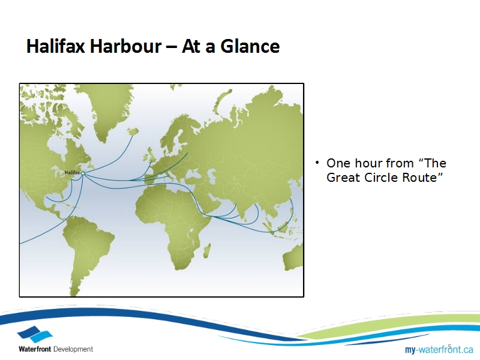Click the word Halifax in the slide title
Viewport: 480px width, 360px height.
pos(55,46)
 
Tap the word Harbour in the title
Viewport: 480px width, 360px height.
pos(125,46)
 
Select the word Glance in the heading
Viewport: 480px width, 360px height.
pos(250,46)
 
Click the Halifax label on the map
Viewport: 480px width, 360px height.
pos(72,173)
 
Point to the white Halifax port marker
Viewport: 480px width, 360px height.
pos(83,173)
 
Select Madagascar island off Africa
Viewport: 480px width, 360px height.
pos(206,250)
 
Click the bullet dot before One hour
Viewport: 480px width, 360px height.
pos(317,163)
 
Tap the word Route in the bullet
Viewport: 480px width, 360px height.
pos(422,178)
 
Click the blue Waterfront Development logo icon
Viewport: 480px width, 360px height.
pos(35,334)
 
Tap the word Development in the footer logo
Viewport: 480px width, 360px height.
pos(73,349)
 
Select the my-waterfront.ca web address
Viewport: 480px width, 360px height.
pos(439,349)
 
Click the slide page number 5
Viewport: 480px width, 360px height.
pos(449,347)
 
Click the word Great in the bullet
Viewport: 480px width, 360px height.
pos(343,178)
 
